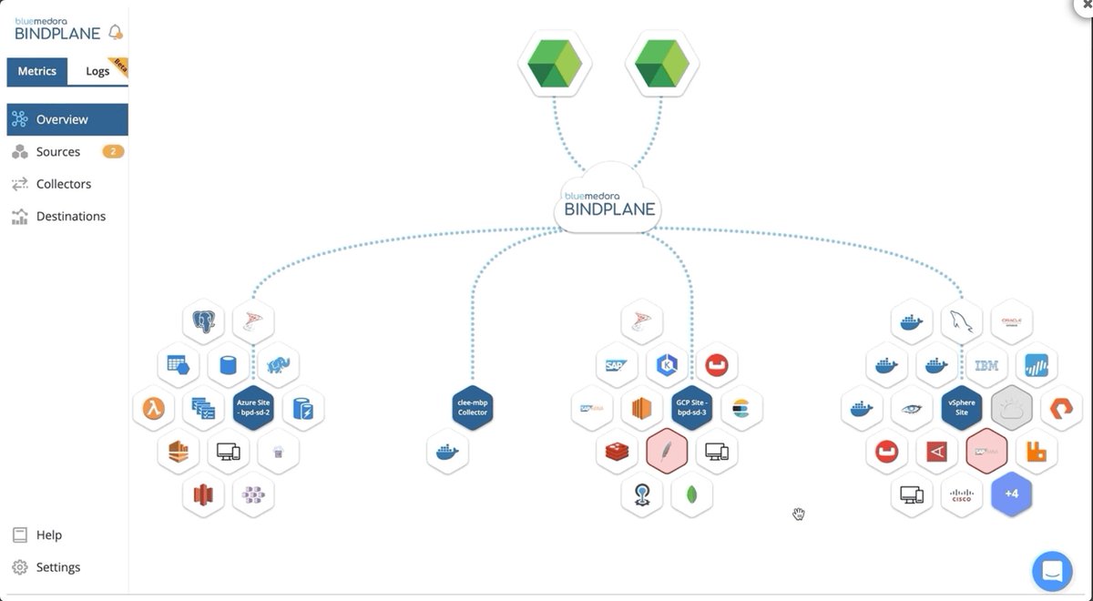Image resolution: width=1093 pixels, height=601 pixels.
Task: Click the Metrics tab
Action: click(x=36, y=71)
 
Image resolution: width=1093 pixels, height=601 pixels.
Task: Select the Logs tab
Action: click(x=97, y=71)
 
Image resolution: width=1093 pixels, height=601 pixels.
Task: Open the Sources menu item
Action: click(x=58, y=152)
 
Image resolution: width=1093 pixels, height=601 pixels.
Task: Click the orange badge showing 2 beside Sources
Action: click(x=113, y=152)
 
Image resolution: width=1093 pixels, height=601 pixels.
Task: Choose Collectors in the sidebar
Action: click(x=64, y=184)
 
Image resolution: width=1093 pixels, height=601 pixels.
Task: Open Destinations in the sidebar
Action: click(x=71, y=217)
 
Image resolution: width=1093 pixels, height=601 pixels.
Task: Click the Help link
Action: click(x=49, y=535)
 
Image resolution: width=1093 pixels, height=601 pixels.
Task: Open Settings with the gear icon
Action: click(x=58, y=567)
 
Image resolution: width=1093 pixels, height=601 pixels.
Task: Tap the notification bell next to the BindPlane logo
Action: click(x=116, y=33)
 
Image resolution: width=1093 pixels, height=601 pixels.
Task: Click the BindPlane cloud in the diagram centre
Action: click(x=608, y=201)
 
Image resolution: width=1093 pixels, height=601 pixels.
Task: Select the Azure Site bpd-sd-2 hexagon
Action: click(x=254, y=407)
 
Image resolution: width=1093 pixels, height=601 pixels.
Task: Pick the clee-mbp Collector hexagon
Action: click(x=472, y=407)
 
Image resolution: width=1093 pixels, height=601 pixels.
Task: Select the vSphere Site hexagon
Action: click(x=962, y=407)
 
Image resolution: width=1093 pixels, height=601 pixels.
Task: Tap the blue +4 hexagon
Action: click(x=1011, y=494)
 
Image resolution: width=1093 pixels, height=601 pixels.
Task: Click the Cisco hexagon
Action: click(x=962, y=494)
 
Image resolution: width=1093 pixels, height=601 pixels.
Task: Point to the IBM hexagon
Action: click(x=986, y=365)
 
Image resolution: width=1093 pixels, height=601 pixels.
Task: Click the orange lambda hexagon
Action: click(x=154, y=408)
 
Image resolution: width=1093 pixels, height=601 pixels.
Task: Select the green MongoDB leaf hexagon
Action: click(x=691, y=494)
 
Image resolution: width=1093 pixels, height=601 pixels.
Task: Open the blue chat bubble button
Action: click(x=1052, y=571)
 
